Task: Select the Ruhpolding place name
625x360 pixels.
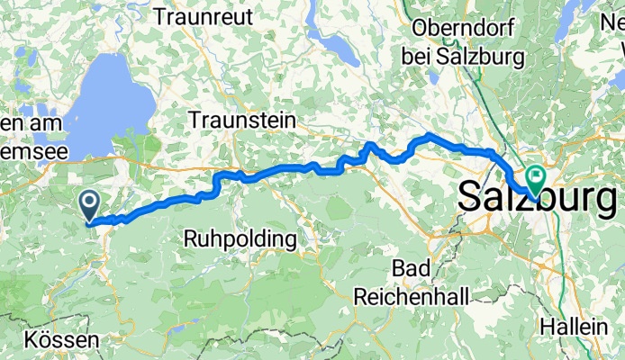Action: pos(240,239)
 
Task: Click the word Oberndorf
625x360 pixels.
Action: pos(465,29)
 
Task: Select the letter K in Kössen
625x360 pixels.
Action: pos(32,342)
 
